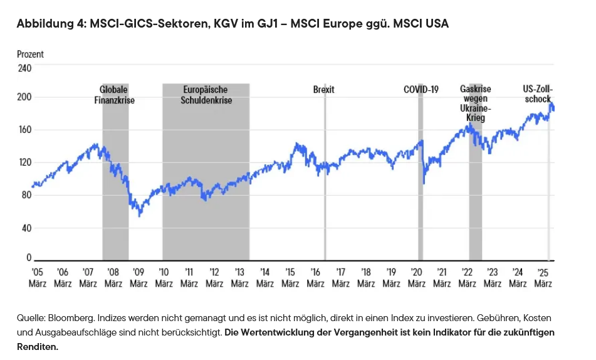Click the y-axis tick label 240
[24, 68]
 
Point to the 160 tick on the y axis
[24, 130]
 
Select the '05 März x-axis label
[38, 277]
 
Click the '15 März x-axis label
[290, 277]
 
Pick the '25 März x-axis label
[543, 277]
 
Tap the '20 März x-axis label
[417, 277]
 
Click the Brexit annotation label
[323, 90]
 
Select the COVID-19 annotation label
[421, 90]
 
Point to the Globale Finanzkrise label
[115, 95]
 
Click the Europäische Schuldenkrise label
[206, 95]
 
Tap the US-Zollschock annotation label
[537, 94]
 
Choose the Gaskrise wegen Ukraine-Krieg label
[475, 103]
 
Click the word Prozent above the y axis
[30, 55]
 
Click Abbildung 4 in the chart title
[50, 24]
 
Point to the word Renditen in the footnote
[38, 346]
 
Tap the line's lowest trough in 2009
[140, 215]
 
